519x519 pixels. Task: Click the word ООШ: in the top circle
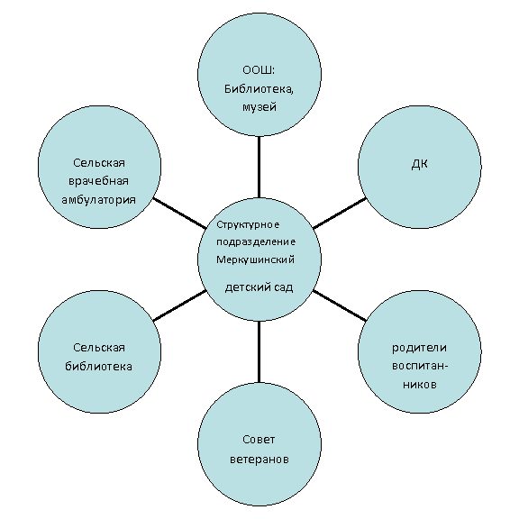[259, 70]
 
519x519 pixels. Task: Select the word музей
[259, 107]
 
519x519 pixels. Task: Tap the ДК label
[419, 164]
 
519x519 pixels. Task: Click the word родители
[419, 348]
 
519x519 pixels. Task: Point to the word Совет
[259, 440]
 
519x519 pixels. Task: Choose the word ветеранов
[259, 460]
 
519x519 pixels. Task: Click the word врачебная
[98, 182]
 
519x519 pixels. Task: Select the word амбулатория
[98, 200]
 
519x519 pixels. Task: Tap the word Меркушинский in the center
[255, 259]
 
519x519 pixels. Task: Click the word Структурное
[248, 224]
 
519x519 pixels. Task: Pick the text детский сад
[259, 287]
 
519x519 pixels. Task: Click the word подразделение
[256, 242]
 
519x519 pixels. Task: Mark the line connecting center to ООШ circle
[259, 167]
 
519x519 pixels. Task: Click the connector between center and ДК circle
[340, 214]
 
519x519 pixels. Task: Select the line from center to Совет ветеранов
[259, 351]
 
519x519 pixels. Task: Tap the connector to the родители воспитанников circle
[340, 305]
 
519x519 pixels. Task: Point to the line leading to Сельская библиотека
[179, 305]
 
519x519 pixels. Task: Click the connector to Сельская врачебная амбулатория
[179, 214]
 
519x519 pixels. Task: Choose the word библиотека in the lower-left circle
[98, 367]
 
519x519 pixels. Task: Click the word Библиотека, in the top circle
[259, 89]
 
